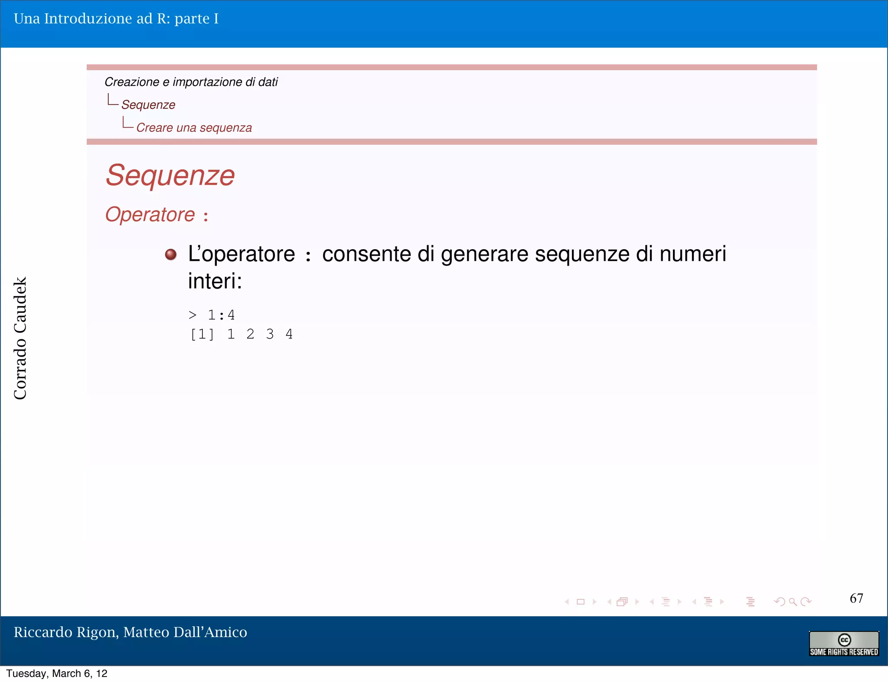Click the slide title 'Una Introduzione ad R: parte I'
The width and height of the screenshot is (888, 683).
116,19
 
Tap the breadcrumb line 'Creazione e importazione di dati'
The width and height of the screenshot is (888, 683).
191,82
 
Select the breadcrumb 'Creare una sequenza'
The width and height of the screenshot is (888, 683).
194,128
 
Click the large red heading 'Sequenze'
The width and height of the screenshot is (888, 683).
170,176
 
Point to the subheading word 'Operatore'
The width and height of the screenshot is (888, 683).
150,215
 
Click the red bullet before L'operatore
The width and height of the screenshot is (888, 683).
171,254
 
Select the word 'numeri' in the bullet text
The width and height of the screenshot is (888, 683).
692,254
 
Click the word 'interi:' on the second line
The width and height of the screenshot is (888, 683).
215,281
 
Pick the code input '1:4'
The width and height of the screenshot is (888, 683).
221,315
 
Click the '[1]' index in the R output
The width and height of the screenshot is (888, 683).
202,335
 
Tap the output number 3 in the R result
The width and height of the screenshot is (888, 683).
270,335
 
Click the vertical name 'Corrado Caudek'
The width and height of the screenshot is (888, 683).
20,338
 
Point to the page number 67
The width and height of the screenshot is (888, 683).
856,598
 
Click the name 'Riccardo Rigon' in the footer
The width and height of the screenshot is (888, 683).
65,632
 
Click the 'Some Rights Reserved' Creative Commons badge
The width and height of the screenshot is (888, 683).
844,644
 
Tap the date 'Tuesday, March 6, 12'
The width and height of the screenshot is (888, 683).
57,673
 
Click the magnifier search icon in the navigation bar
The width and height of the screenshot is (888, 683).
793,602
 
